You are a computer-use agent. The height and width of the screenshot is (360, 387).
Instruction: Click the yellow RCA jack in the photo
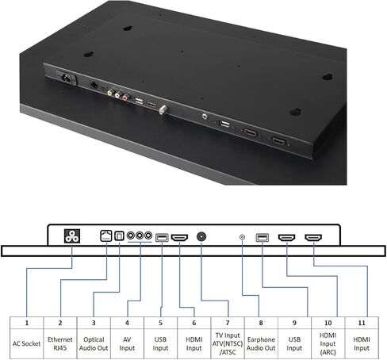coord(110,93)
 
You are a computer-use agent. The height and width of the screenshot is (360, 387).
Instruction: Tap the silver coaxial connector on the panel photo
coord(163,109)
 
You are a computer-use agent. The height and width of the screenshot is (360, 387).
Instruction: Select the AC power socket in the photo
coord(66,78)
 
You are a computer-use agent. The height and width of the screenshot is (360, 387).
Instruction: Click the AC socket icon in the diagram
coord(72,236)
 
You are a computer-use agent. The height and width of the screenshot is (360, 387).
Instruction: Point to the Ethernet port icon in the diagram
coord(106,236)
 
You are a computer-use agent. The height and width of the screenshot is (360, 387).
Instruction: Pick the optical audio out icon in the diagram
coord(119,236)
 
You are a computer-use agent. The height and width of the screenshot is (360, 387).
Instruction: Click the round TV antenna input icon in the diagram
coord(201,236)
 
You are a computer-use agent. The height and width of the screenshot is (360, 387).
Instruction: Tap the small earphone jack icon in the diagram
coord(242,237)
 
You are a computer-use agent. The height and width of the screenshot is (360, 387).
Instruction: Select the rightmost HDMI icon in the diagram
coord(313,238)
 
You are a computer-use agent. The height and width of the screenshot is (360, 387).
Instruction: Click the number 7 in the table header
coord(228,323)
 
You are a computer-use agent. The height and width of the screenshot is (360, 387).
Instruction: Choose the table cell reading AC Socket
coord(26,343)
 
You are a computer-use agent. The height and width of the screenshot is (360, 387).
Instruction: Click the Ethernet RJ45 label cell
coord(60,343)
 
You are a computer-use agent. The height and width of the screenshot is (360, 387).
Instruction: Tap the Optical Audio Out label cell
coord(94,343)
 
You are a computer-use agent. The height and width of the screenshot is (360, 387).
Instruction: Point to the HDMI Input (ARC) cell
coord(328,343)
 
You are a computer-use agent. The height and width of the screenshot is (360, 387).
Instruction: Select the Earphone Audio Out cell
coord(261,343)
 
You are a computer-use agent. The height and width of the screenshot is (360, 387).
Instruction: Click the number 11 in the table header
coord(362,323)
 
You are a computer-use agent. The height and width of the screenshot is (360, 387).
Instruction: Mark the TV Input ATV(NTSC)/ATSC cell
coord(228,343)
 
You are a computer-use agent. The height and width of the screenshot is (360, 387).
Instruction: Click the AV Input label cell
coord(127,343)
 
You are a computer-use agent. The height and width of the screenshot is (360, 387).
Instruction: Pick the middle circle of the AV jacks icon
coord(140,236)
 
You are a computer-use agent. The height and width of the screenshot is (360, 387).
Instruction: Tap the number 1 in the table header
coord(27,323)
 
